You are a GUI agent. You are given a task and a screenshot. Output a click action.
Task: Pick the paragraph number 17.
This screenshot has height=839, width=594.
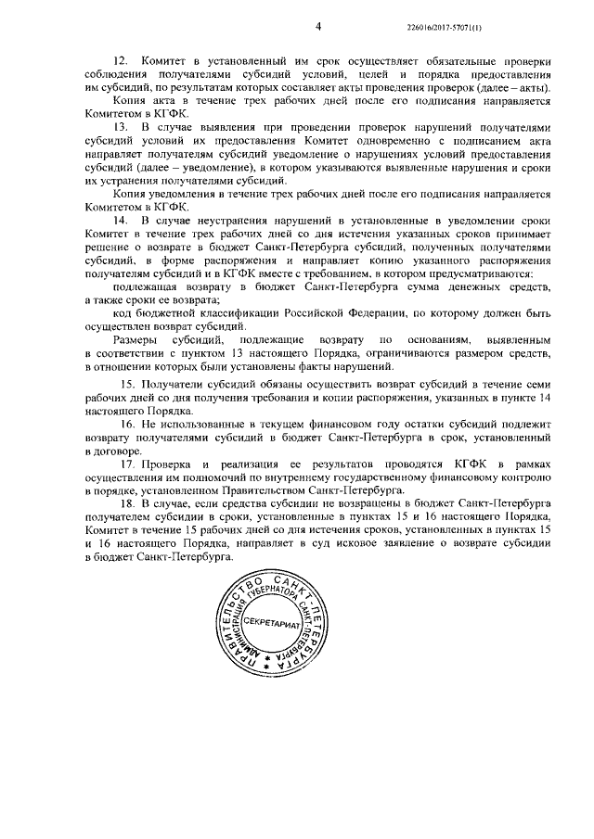click(130, 463)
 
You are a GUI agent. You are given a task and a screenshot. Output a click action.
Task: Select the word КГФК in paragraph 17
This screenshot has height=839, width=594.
click(435, 463)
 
